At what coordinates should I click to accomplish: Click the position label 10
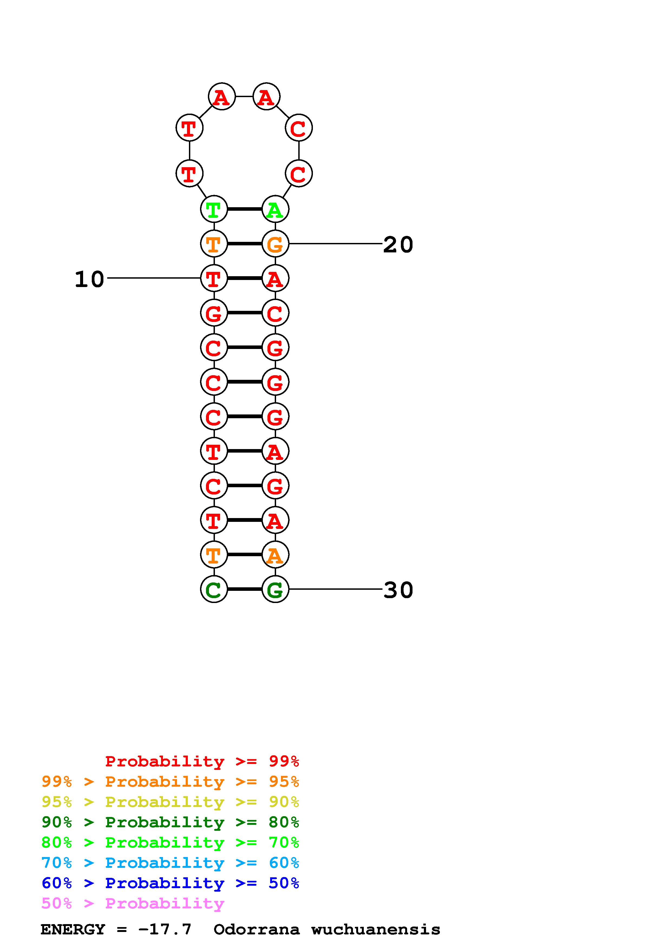click(89, 279)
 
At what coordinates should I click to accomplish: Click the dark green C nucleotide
click(214, 589)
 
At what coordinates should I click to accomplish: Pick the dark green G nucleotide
click(275, 589)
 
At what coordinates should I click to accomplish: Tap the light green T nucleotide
click(214, 210)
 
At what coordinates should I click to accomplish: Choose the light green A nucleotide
click(275, 210)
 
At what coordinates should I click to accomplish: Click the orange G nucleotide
click(275, 244)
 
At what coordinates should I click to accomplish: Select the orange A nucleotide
click(275, 555)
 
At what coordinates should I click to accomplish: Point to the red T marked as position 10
click(214, 279)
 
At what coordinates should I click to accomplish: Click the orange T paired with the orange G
click(214, 244)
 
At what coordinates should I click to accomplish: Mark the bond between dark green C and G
click(244, 589)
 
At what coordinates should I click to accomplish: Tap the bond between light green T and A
click(244, 210)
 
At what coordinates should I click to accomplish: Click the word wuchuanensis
click(375, 930)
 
